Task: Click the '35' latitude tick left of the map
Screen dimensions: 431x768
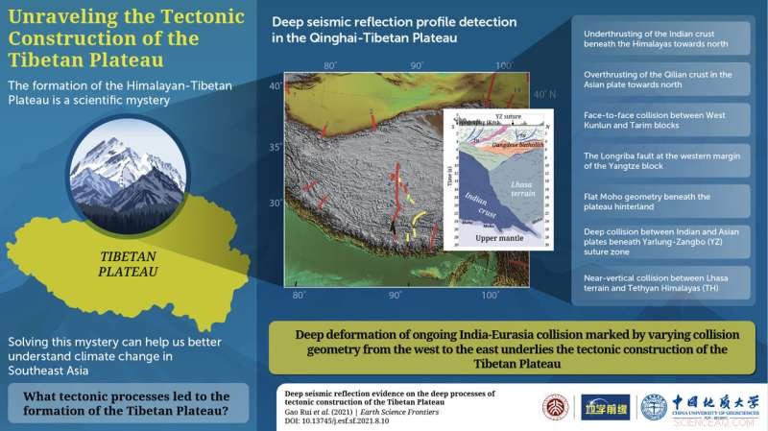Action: tap(276, 148)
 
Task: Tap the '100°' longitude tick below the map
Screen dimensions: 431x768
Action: tap(490, 294)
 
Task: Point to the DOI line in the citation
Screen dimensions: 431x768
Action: tap(342, 419)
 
